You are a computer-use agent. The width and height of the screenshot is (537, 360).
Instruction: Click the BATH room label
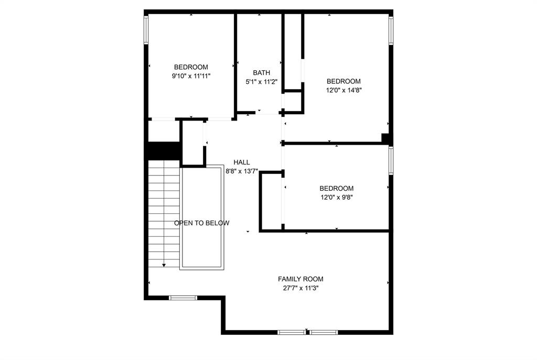261,73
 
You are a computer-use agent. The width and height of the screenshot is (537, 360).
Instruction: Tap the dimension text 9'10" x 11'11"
191,76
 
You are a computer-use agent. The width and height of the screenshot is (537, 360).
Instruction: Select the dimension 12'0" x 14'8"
343,90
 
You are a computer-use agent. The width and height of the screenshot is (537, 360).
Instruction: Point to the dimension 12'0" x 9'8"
337,198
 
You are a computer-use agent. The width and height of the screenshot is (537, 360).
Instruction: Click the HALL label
242,162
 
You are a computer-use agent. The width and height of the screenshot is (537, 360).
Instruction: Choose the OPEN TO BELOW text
202,223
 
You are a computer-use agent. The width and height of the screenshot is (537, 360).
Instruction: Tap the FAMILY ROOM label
300,279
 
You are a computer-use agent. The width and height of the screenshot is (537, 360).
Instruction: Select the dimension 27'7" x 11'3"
300,288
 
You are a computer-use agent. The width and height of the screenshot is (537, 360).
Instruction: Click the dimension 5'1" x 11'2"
261,82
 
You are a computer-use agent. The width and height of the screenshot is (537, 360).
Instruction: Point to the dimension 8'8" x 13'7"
242,171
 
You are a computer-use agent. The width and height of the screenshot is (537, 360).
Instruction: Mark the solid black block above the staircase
163,150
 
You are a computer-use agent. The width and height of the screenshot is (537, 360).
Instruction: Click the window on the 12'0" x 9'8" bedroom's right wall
391,160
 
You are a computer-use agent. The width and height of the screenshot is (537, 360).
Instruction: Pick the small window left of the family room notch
183,298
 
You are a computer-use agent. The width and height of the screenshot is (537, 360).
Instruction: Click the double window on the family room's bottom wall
307,332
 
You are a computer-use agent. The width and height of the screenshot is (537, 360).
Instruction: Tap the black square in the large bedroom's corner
385,138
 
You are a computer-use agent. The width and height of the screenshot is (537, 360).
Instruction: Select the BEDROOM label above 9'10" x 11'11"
191,67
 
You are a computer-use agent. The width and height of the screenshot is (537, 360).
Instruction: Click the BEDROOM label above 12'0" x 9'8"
337,189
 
